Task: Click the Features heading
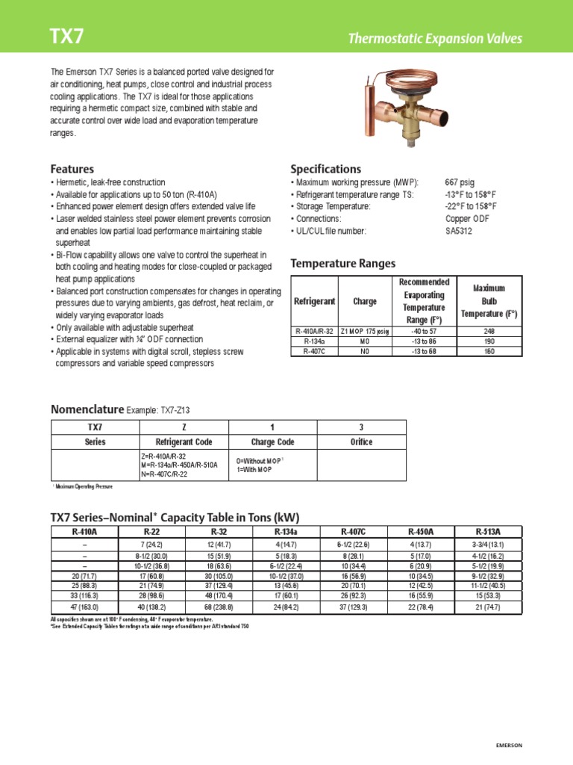pos(72,169)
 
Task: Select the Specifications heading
pos(325,169)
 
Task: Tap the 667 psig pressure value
pos(459,182)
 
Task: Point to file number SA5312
pos(459,231)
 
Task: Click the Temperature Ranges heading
pos(342,264)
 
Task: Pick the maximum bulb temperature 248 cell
pos(489,331)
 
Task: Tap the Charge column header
pos(365,302)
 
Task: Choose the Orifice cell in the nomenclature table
pos(361,442)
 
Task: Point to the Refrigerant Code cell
pos(182,442)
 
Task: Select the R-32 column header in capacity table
pos(219,531)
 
